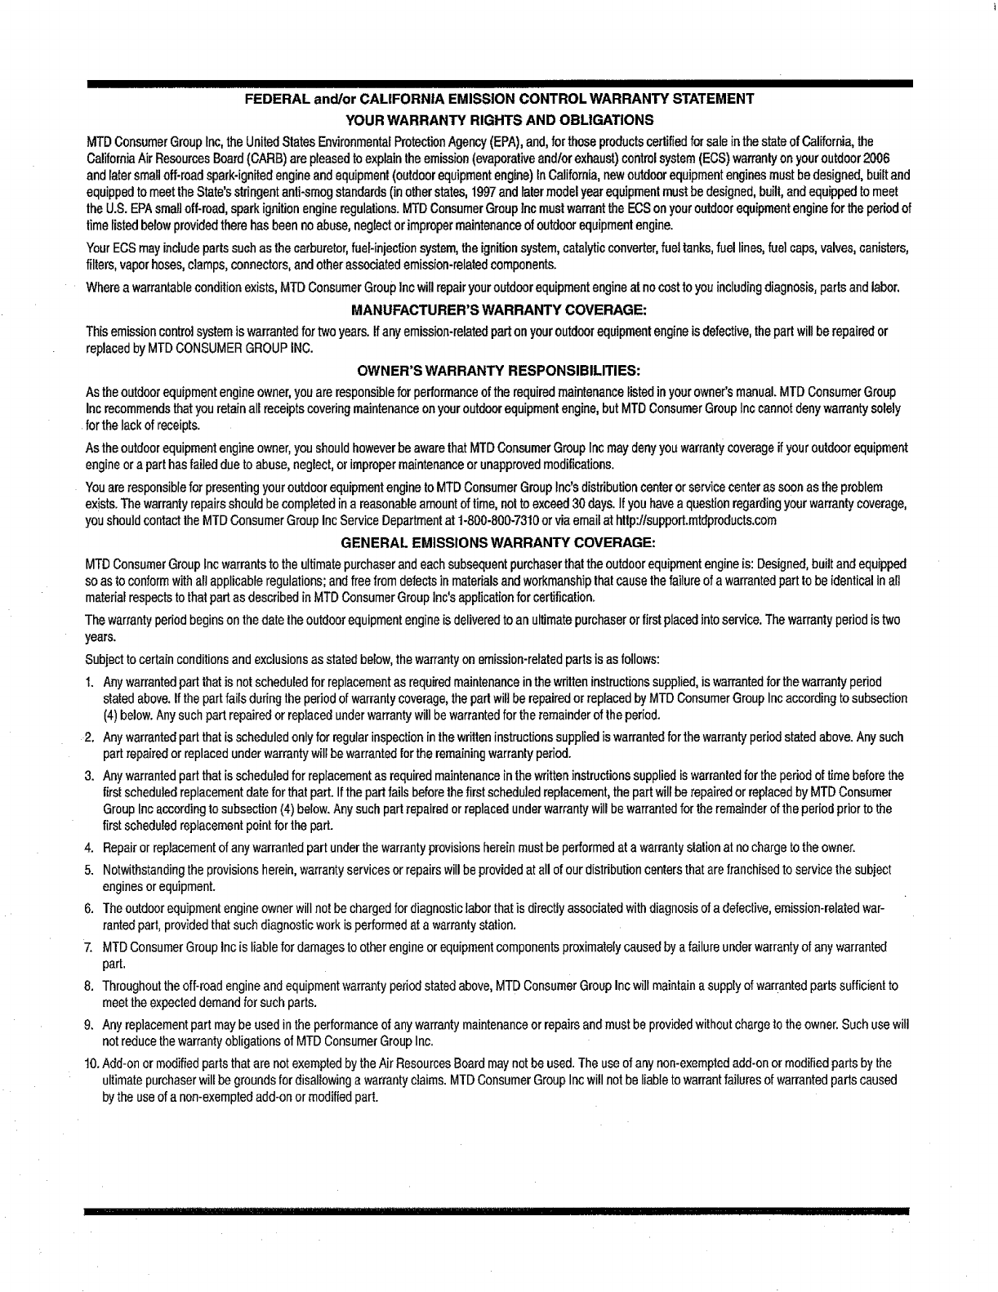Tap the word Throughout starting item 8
[130, 986]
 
